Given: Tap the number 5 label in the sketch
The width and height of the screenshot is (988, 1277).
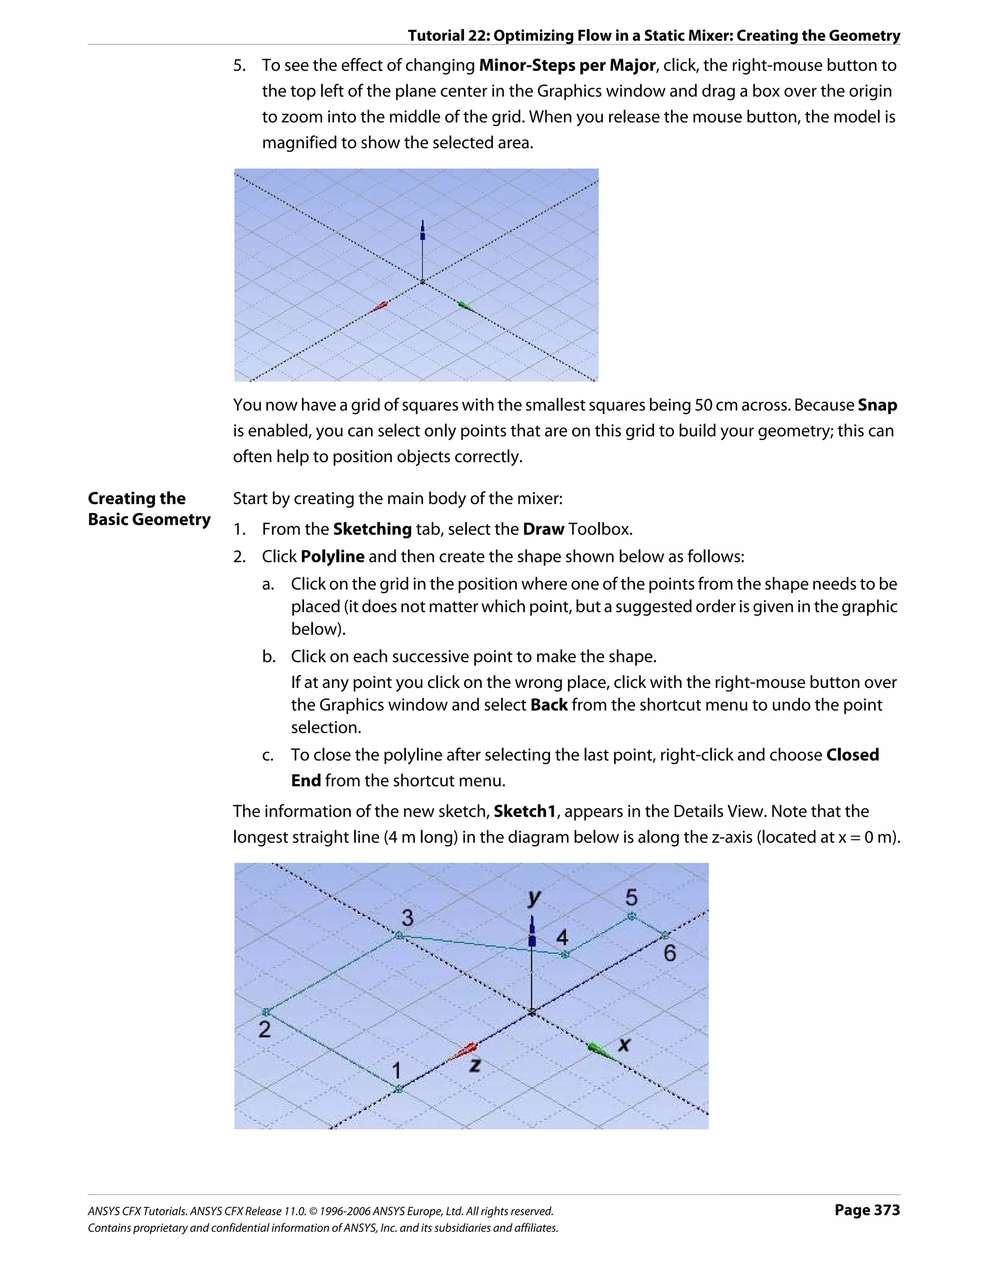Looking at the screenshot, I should click(x=631, y=897).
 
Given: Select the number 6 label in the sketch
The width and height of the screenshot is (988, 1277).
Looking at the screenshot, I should click(x=670, y=953).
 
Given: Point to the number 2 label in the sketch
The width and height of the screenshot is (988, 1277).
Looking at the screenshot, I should click(x=264, y=1029).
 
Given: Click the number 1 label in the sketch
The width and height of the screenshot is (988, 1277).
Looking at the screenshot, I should click(x=397, y=1070).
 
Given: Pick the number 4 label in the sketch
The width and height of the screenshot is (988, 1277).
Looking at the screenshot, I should click(x=562, y=937).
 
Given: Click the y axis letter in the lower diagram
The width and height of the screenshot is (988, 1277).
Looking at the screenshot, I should click(x=534, y=897).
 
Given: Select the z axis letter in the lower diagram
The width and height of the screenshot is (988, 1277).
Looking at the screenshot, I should click(x=475, y=1065).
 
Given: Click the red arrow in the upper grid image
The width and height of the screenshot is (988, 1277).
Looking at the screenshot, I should click(x=381, y=306).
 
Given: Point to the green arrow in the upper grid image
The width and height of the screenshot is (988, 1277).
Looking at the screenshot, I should click(x=466, y=305).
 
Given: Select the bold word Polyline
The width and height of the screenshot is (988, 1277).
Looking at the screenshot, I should click(x=332, y=556).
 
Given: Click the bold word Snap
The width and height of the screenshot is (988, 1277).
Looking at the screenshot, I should click(x=877, y=405).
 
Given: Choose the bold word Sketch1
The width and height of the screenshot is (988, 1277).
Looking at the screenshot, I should click(x=524, y=811).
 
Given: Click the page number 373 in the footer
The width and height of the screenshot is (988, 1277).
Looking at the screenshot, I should click(x=867, y=1210).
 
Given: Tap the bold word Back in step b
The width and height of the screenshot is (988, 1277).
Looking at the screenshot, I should click(x=549, y=704).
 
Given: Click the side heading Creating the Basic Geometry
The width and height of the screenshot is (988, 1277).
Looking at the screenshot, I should click(x=149, y=508).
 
